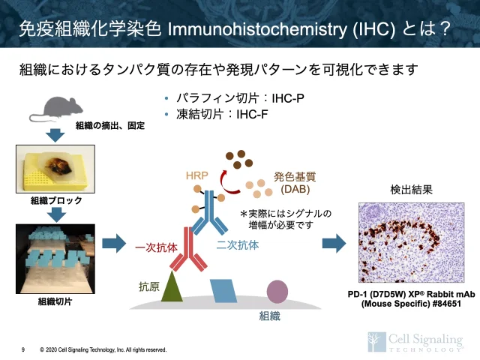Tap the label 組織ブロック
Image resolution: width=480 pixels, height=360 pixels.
tap(56, 201)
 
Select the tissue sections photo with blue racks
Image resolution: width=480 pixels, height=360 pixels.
tap(55, 259)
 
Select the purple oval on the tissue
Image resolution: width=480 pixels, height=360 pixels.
tap(277, 291)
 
